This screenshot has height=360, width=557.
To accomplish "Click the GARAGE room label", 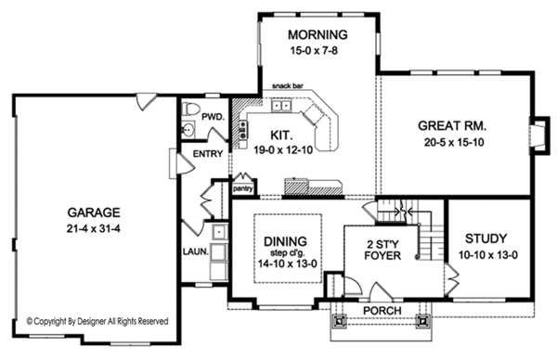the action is (x=94, y=212).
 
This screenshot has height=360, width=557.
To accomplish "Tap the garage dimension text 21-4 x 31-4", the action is (x=94, y=229).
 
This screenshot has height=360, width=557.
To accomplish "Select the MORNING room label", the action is (x=317, y=34).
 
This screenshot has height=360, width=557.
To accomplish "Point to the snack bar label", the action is (x=288, y=86).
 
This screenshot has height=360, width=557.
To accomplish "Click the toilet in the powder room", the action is (x=189, y=109).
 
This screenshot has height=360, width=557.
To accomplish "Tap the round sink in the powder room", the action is (x=188, y=129).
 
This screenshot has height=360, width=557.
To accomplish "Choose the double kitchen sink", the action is (x=281, y=106).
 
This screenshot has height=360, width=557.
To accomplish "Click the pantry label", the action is (x=243, y=188).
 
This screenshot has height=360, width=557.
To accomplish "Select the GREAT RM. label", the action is (x=452, y=125).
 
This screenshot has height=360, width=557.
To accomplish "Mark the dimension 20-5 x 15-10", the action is (x=454, y=143).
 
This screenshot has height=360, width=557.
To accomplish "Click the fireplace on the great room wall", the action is (x=540, y=135).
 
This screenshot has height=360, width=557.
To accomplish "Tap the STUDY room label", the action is (x=486, y=239).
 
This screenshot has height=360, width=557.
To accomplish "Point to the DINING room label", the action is (x=285, y=241).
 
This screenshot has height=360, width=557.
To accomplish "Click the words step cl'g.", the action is (x=286, y=253).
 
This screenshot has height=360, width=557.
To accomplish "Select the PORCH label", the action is (x=382, y=311).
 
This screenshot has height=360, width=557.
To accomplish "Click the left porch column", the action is (x=340, y=321).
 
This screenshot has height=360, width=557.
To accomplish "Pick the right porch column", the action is (x=422, y=321).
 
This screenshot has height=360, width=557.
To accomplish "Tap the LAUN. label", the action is (x=195, y=251).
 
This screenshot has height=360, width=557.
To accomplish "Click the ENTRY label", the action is (x=208, y=154).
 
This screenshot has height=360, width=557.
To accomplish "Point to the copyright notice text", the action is (x=97, y=322).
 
